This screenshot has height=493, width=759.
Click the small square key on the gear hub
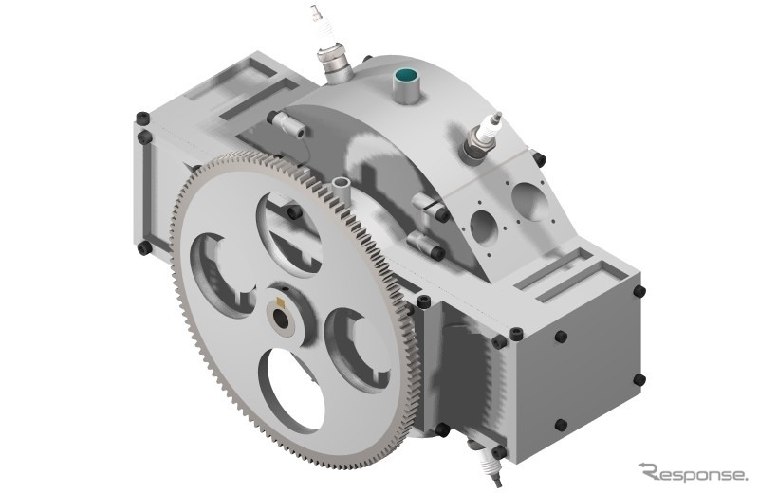pyautogui.click(x=279, y=302)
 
